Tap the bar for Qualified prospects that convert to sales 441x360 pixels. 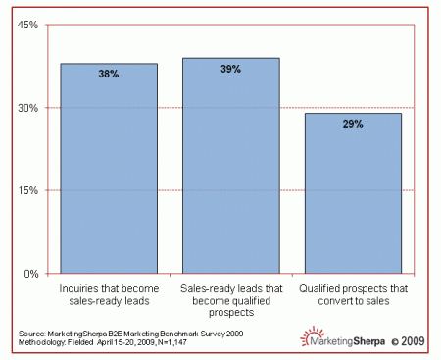tap(353, 196)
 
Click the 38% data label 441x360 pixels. tap(109, 74)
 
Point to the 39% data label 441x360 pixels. tap(230, 69)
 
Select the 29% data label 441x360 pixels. tap(353, 125)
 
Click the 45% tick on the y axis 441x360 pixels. tap(25, 25)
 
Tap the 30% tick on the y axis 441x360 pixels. tap(25, 108)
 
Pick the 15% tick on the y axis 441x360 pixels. tap(25, 190)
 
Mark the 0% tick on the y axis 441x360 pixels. tap(28, 274)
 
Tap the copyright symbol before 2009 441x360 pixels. tap(395, 341)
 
